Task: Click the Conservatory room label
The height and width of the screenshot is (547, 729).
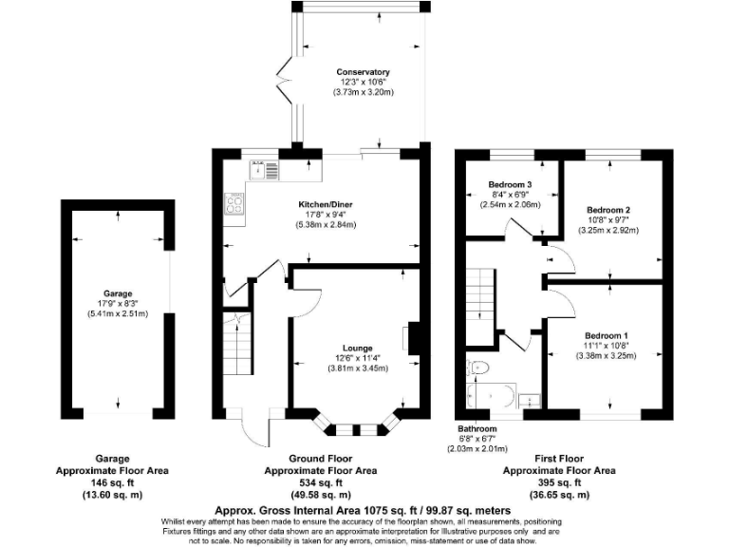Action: pos(363,72)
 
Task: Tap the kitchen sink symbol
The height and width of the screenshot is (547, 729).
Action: pos(264,170)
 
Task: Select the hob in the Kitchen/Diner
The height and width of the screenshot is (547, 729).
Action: pos(234,204)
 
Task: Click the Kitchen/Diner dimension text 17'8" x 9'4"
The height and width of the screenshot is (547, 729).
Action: pos(326,215)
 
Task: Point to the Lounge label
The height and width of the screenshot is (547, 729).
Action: pos(358,348)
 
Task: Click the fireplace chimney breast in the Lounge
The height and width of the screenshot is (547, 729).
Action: pos(414,338)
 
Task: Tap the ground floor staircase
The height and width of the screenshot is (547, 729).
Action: pos(238,343)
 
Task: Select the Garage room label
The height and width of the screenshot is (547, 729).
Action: pos(118,293)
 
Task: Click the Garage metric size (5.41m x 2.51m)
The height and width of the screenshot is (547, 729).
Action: pos(118,314)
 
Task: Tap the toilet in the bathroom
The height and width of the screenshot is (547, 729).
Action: pos(478,368)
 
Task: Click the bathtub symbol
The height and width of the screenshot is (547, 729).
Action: pos(491,396)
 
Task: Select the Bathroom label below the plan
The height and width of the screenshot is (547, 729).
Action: pos(477,429)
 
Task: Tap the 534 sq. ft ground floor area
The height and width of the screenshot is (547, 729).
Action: pos(321,482)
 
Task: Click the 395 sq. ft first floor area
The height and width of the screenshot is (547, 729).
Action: pos(559,482)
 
